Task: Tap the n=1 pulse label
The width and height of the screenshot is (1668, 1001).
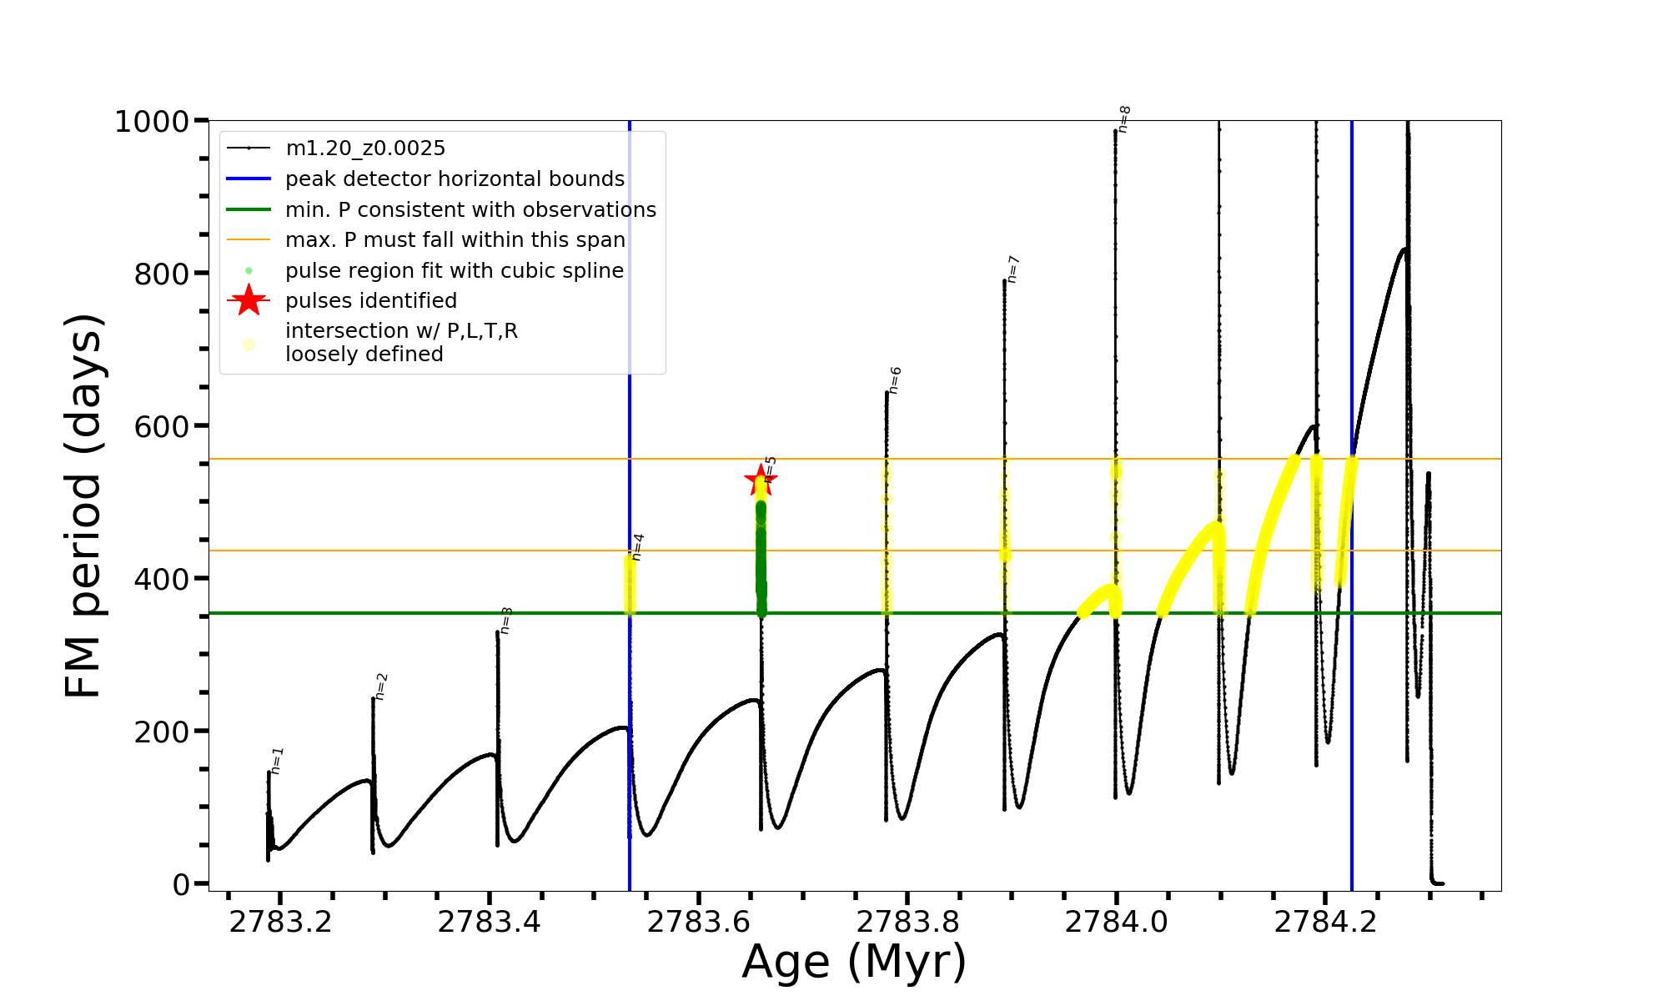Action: coord(277,760)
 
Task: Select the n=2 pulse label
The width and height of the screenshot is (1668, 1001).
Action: coord(381,686)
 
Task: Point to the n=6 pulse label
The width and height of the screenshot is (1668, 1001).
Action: coord(895,380)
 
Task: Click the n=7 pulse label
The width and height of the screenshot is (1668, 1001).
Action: coord(1012,269)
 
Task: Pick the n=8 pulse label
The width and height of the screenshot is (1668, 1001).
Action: coord(1124,119)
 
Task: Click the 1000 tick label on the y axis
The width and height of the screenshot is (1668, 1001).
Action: coord(152,122)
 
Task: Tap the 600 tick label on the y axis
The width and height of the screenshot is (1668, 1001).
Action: coord(162,426)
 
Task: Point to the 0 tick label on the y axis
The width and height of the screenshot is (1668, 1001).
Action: coord(181,884)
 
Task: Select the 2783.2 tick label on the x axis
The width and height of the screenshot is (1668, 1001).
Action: coord(280,922)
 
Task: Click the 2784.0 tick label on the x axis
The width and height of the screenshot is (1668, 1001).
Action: coord(1116,922)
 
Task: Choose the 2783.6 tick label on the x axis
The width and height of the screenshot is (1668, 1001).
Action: coord(698,922)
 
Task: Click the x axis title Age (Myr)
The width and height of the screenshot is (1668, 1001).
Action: coord(854,962)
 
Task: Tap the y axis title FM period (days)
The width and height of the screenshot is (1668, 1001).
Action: coord(83,506)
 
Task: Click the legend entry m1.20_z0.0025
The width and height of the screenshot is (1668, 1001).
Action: coord(365,148)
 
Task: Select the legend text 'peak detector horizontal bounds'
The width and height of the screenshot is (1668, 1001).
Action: coord(455,179)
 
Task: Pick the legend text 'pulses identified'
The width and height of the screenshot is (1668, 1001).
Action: coord(371,300)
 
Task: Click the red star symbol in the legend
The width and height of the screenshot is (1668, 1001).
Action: coord(249,300)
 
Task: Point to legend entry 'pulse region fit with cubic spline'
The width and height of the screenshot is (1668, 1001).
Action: coord(455,271)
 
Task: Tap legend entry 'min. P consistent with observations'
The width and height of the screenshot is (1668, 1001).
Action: coord(470,210)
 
